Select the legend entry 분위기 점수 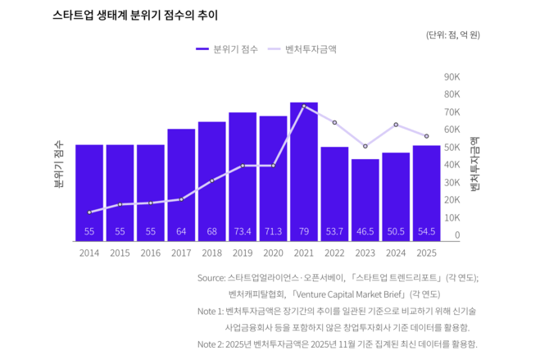coord(228,49)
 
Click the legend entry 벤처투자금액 coord(309,49)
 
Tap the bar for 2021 coord(304,172)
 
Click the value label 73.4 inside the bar coord(243,232)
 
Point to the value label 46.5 coord(365,232)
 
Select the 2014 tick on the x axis coord(89,253)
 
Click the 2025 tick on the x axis coord(426,253)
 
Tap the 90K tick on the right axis coord(451,76)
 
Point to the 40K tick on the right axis coord(451,165)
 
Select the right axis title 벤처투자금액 coord(474,164)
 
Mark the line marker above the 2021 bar coord(304,107)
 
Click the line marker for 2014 coord(89,212)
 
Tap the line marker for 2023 coord(365,146)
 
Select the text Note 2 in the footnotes coord(211,344)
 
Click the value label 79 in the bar coord(304,232)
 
